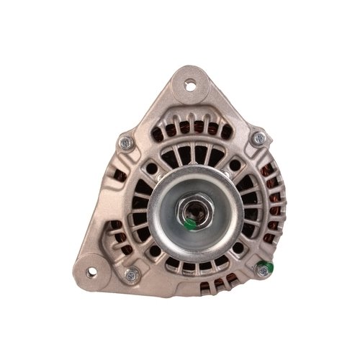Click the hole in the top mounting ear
[191, 86]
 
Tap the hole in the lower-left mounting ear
[91, 273]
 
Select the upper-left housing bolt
[125, 143]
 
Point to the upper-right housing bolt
[259, 138]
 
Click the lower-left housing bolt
[132, 274]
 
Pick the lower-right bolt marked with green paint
[264, 270]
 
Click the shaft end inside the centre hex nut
[194, 210]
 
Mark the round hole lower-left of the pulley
[153, 249]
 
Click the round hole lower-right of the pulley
[238, 247]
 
